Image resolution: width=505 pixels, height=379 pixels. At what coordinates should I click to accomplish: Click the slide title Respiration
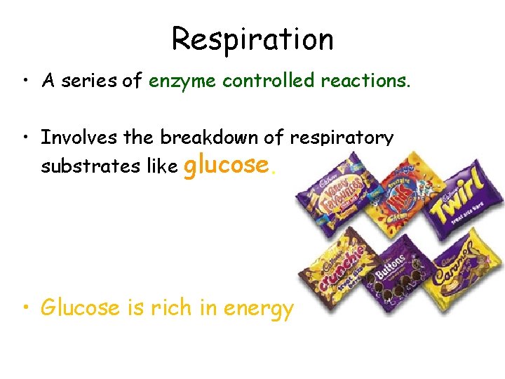point(252,39)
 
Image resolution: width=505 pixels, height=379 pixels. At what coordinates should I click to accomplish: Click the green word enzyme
point(182,81)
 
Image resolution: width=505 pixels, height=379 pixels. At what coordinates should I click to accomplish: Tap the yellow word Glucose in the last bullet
point(80,307)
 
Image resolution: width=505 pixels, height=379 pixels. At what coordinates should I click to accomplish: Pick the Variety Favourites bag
point(337,197)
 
